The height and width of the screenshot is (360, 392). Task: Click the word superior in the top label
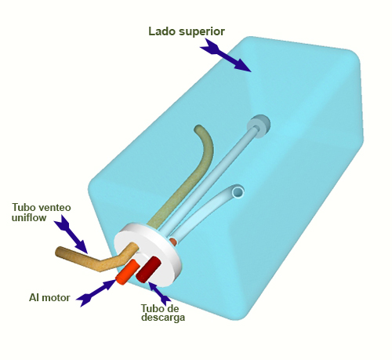pos(201,32)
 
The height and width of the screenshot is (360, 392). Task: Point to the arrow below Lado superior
pos(225,56)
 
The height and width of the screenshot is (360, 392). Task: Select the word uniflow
pos(29,217)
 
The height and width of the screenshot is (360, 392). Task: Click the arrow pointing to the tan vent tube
pos(71,235)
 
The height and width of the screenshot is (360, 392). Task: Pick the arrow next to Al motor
pos(96,293)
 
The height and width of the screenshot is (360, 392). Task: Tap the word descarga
pos(163,318)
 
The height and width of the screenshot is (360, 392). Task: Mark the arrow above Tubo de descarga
pos(159,293)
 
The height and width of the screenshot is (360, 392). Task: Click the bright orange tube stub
pos(127,272)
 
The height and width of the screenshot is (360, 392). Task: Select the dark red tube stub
pos(148,269)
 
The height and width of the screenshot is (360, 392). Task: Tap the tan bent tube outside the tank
pos(96,259)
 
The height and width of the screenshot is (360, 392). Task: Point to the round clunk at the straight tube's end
pos(259,126)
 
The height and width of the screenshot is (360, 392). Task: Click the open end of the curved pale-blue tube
pos(238,191)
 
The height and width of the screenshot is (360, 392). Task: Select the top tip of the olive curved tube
pos(198,128)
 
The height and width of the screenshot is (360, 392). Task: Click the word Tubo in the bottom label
pos(152,308)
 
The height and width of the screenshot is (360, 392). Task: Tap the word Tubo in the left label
pos(24,207)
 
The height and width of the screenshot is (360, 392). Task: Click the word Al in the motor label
pos(34,297)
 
